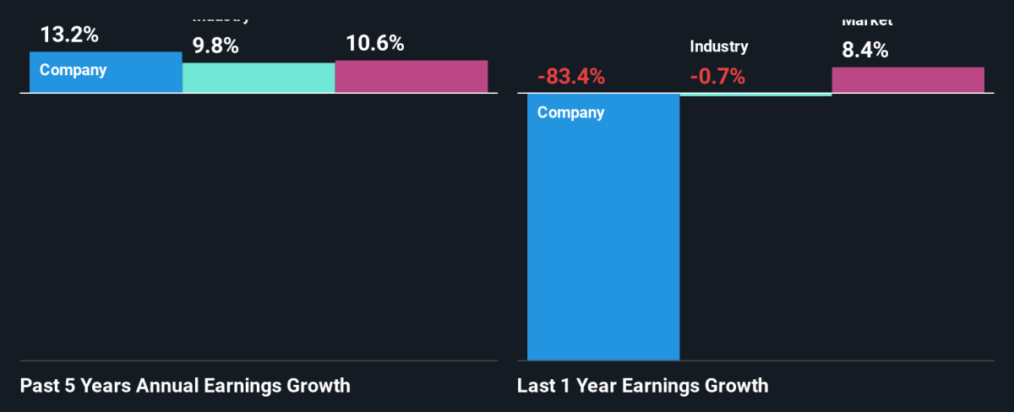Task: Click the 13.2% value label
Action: [68, 35]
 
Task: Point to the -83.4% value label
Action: [571, 77]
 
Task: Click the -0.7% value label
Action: [717, 77]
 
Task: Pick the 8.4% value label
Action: [864, 50]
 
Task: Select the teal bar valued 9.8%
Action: [259, 78]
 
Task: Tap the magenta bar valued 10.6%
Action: [411, 76]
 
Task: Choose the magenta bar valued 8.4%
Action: [908, 79]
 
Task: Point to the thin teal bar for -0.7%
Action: [755, 95]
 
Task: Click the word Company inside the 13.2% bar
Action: [74, 70]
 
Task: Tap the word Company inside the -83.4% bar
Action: [570, 112]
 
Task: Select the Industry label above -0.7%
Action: [718, 47]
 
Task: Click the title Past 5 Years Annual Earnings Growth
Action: [184, 387]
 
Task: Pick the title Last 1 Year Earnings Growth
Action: [642, 387]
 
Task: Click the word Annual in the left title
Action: [159, 387]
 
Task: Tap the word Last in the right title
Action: [535, 387]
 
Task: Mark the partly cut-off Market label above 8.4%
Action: [866, 21]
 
